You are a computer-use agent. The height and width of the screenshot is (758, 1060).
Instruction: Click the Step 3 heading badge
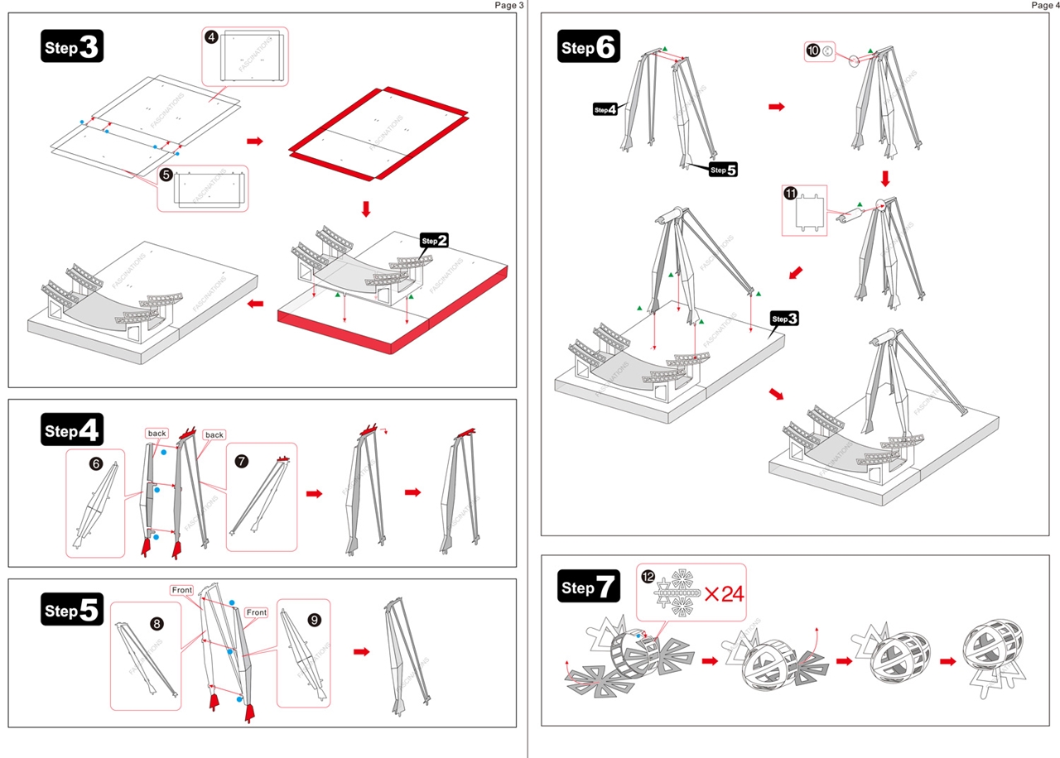[x=71, y=46]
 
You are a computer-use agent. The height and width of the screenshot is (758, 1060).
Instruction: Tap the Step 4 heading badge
[x=71, y=430]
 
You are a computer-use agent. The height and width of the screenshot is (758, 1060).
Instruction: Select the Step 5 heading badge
[x=71, y=611]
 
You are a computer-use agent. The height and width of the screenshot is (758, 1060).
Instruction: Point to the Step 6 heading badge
[x=589, y=47]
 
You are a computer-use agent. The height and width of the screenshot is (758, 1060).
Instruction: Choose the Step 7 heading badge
[x=589, y=588]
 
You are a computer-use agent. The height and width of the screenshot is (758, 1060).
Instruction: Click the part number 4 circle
[x=212, y=36]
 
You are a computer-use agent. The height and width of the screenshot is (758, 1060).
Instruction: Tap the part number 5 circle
[x=166, y=175]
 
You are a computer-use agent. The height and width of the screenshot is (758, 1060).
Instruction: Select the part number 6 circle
[x=96, y=464]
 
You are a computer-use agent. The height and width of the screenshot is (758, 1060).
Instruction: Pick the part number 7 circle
[x=241, y=462]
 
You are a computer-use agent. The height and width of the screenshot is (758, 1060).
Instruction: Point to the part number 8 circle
[x=157, y=622]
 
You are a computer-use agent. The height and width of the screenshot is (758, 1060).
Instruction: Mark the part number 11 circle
[x=790, y=194]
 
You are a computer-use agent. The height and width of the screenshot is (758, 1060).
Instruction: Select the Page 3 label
[x=509, y=5]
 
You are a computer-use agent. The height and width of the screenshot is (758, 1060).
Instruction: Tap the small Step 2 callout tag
[x=435, y=241]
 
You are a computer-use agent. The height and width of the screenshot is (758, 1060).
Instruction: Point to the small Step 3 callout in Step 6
[x=783, y=319]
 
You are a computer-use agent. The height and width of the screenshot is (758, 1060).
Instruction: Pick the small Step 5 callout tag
[x=723, y=170]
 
